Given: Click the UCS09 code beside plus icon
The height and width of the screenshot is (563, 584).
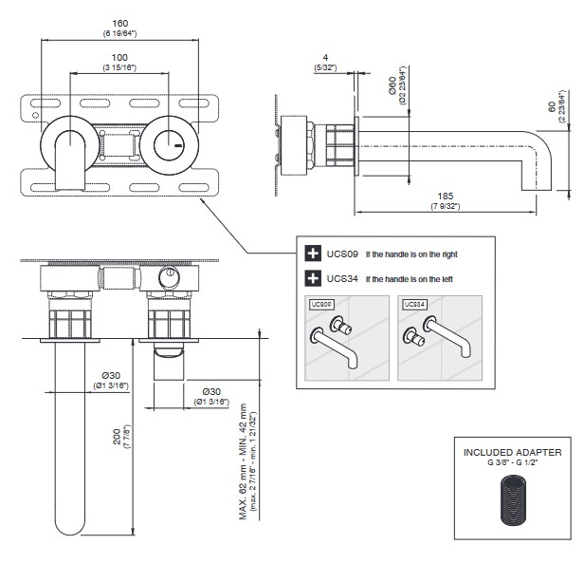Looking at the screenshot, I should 342,253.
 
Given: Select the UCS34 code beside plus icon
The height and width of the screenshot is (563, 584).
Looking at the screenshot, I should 342,279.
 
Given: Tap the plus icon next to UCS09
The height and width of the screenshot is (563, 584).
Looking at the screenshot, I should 312,253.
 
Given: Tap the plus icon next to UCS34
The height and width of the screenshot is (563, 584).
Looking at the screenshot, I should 312,279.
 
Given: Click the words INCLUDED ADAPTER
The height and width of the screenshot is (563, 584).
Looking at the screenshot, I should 513,452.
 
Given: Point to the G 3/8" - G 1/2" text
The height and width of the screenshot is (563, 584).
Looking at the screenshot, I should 513,462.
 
